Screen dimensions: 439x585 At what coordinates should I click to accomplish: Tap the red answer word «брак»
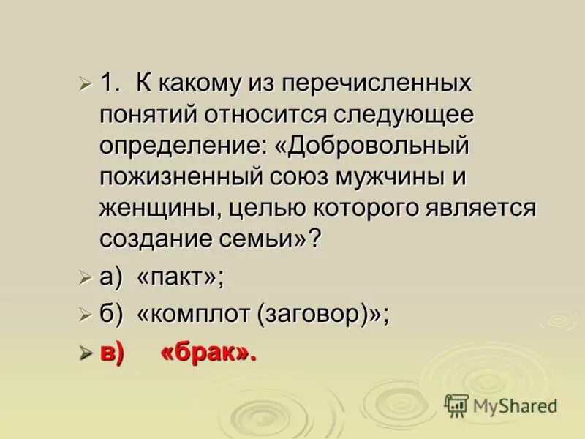pos(208,353)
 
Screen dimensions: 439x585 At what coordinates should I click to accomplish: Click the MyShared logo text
pos(515,405)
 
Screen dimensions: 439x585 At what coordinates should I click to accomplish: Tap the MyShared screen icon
pos(456,405)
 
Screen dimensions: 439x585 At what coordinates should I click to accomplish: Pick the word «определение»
pos(184,146)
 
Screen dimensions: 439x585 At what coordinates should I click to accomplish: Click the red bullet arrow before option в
pos(86,353)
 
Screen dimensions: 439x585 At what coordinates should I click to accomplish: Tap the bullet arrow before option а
pos(86,277)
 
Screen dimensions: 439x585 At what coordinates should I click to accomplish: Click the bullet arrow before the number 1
pos(86,83)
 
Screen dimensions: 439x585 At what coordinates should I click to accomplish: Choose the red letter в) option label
pos(112,353)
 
